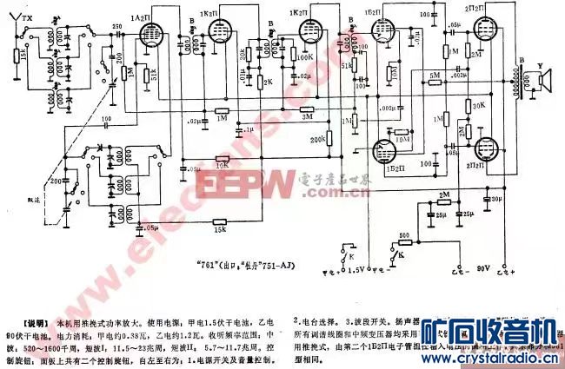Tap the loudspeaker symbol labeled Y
(544, 82)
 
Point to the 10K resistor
(221, 160)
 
